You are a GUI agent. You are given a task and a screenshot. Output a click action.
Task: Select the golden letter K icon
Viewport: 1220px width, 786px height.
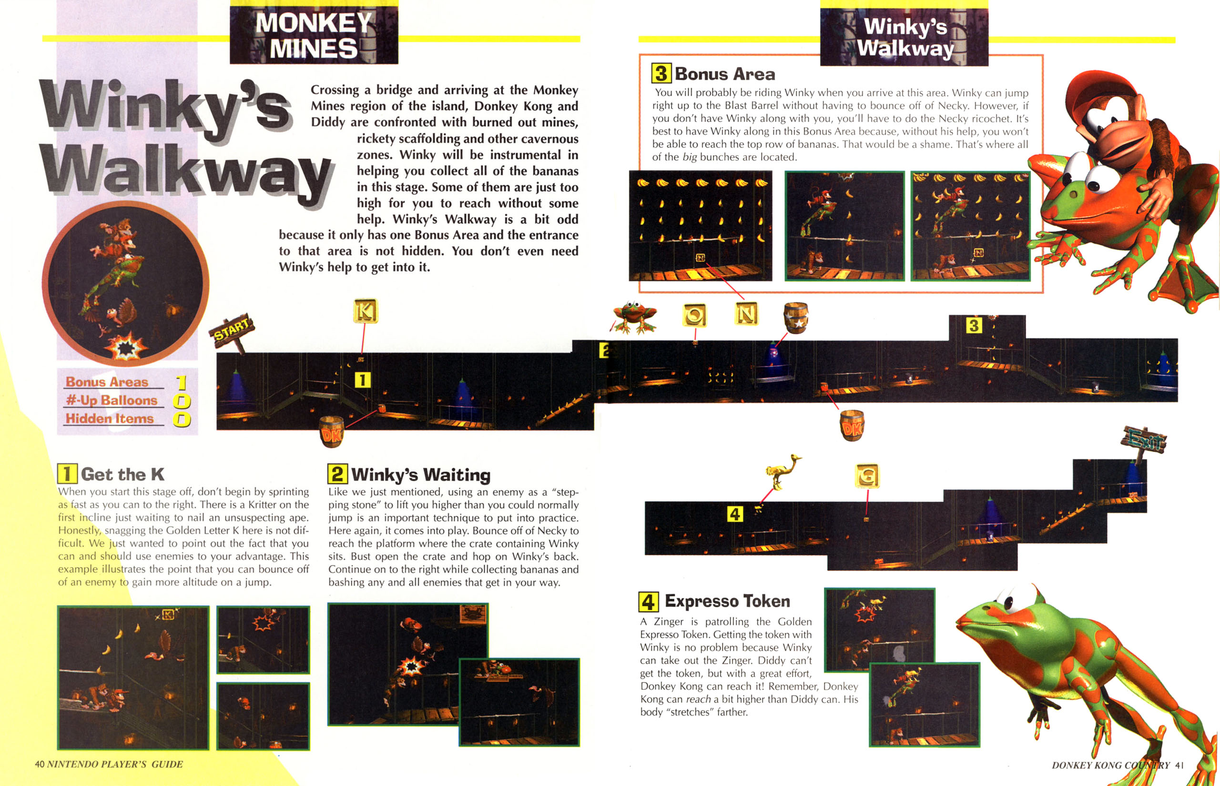click(366, 311)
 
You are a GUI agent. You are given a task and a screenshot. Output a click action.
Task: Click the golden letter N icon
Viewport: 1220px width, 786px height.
click(746, 314)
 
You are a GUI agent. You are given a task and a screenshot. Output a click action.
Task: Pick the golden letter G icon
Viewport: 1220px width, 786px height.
click(867, 476)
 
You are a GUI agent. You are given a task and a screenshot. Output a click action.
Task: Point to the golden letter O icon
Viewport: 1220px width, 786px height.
click(694, 315)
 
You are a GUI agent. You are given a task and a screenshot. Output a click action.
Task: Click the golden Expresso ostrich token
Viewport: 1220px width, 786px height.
click(783, 471)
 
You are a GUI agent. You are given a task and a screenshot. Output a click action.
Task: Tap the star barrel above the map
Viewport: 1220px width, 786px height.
click(795, 317)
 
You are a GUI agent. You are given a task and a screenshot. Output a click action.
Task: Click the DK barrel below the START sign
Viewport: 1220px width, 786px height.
click(331, 431)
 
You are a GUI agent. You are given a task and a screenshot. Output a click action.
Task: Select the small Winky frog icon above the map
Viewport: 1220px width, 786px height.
click(633, 317)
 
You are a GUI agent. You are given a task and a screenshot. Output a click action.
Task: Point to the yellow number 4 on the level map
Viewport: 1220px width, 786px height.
click(734, 514)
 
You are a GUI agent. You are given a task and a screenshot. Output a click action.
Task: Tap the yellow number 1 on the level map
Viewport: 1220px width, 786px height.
click(363, 380)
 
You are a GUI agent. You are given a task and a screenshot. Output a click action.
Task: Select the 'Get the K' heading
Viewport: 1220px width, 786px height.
click(122, 474)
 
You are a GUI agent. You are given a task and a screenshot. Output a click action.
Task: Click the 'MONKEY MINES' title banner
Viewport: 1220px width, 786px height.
click(314, 35)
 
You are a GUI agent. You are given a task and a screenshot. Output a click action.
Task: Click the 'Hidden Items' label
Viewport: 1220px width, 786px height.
click(109, 419)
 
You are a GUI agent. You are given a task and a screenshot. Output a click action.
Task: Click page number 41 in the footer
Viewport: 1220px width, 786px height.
click(1179, 765)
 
